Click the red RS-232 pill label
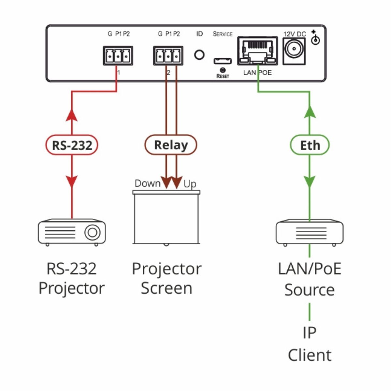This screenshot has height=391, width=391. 72,145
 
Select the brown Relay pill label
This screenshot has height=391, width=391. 171,145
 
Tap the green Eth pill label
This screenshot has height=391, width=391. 310,145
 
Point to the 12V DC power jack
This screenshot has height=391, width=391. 295,51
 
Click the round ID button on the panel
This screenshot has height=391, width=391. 199,55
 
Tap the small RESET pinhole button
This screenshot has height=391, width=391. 223,70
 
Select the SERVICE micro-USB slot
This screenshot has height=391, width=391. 223,61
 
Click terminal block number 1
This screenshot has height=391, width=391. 118,56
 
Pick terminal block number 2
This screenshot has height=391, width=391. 168,56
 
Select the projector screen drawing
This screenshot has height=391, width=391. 166,217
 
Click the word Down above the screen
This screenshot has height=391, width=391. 148,183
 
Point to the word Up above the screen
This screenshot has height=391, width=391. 190,184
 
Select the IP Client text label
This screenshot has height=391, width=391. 310,344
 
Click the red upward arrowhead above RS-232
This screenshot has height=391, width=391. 72,115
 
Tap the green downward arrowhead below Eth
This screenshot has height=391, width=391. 310,181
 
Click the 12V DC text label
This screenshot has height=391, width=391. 295,34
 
